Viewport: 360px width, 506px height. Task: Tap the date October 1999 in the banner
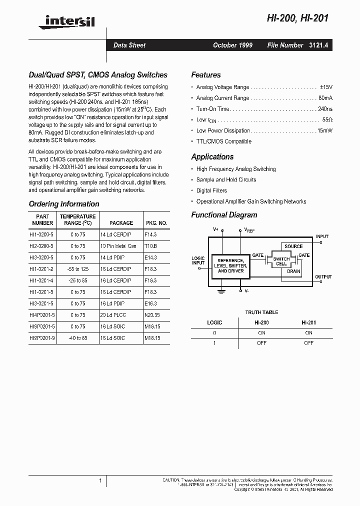coord(232,45)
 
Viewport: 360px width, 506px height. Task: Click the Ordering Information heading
coord(64,204)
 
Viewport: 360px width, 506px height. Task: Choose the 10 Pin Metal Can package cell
coord(118,246)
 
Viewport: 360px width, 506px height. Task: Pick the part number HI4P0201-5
coord(43,315)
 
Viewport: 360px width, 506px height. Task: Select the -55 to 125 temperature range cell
coord(77,269)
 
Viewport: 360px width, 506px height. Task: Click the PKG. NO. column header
coord(156,223)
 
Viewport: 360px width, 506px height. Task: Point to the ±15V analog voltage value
coord(325,86)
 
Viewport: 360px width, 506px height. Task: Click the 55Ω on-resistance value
coord(327,120)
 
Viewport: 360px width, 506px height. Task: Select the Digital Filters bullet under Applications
coord(211,190)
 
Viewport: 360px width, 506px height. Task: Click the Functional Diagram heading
coord(224,215)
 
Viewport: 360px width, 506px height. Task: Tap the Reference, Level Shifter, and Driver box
coord(230,265)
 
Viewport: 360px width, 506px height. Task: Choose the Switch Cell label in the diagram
coord(281,261)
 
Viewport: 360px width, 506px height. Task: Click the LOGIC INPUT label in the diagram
coord(198,260)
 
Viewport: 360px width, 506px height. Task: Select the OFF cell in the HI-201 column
coord(308,343)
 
